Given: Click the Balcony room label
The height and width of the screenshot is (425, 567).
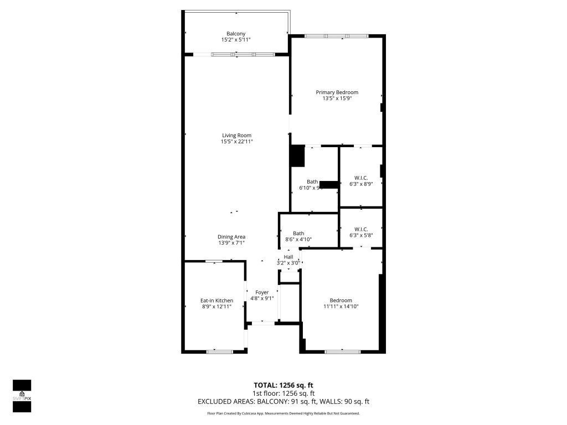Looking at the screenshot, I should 236,34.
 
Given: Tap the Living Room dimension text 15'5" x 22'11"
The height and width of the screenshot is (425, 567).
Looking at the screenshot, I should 236,142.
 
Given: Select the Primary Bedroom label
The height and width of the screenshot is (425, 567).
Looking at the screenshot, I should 337,92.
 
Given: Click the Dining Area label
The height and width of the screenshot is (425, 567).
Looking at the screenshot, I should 231,237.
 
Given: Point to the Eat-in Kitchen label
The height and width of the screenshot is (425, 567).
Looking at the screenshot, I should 217,300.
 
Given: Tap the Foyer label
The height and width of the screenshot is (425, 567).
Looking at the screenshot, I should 262,292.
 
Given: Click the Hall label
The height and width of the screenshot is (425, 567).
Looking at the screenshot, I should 288,257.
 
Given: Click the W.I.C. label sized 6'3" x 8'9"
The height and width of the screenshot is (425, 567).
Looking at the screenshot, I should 360,178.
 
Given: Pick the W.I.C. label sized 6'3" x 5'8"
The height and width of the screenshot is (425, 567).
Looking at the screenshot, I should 360,229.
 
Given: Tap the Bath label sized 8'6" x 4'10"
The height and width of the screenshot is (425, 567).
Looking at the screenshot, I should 298,233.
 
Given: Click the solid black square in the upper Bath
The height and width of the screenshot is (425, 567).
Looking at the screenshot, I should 298,156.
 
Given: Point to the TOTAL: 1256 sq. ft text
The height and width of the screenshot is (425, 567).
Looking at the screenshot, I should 283,385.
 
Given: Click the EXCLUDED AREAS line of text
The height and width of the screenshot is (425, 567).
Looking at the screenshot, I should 283,402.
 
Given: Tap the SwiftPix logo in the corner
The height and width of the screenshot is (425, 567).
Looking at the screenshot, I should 22,396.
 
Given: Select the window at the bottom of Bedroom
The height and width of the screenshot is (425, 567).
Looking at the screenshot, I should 342,351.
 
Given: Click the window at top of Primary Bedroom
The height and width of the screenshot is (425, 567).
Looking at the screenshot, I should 336,36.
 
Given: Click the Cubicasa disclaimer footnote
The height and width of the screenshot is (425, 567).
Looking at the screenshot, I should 283,413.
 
